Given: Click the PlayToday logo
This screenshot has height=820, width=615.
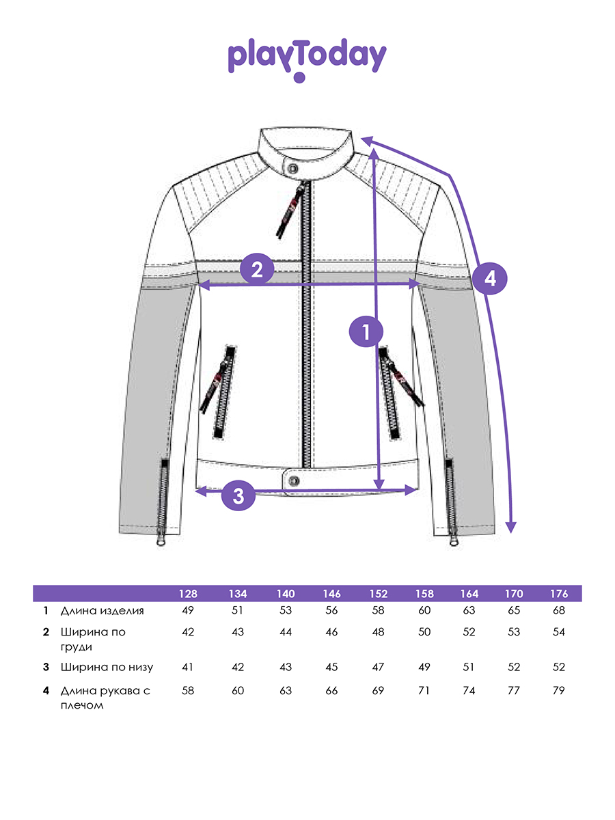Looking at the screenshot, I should point(307,60).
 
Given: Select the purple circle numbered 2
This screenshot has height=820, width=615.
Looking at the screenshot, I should point(257,269).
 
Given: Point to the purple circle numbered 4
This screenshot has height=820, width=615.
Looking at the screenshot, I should point(489,278).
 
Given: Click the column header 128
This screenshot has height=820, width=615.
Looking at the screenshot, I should point(188,593).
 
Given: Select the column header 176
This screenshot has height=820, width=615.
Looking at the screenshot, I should point(558,593).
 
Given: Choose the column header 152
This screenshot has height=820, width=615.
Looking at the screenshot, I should point(377,593).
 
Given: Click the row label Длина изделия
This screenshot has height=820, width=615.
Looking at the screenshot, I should point(102,611).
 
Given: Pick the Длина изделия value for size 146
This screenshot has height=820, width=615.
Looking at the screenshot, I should point(331,611).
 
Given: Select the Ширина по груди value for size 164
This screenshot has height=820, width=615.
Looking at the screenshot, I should point(469,633).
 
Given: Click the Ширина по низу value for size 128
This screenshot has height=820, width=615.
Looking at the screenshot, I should point(188,668).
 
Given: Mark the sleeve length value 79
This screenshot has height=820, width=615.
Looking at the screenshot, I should point(558,691).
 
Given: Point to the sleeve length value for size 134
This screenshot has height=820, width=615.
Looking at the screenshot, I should point(237,691).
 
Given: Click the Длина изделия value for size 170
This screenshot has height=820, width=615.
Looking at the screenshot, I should point(513,611).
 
